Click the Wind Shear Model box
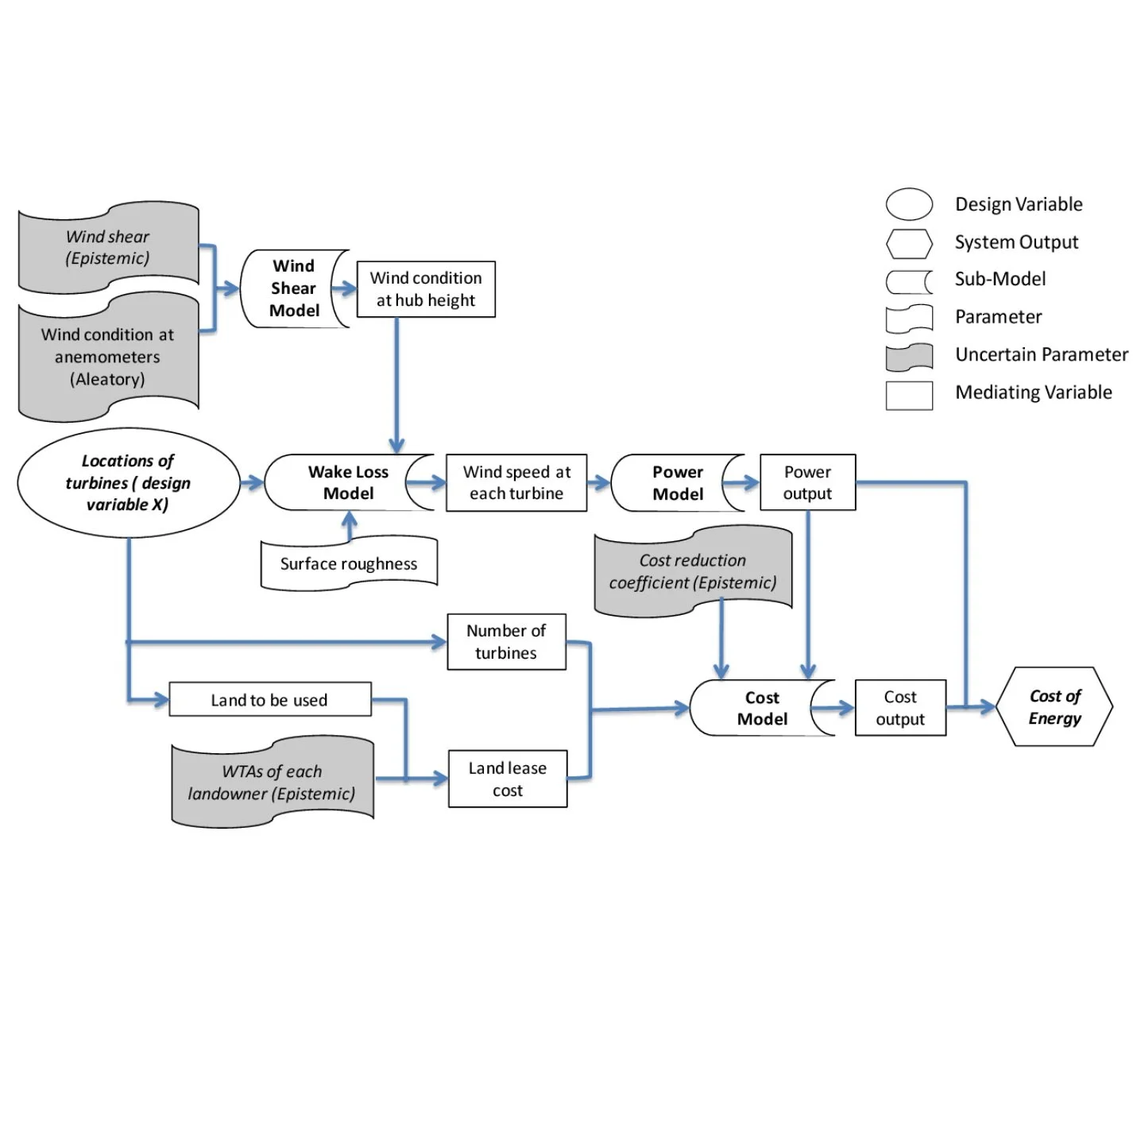click(x=292, y=288)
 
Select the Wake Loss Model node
click(x=347, y=482)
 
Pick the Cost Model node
click(x=760, y=708)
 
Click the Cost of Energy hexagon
click(x=1054, y=706)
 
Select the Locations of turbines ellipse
click(x=128, y=482)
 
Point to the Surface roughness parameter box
click(x=348, y=563)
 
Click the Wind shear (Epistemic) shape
click(x=108, y=247)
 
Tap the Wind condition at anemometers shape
click(x=108, y=357)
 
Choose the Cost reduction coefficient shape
click(x=692, y=571)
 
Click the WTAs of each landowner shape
click(x=272, y=782)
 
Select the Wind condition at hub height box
click(x=425, y=289)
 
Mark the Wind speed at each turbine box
click(x=516, y=482)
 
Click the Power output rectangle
click(x=806, y=482)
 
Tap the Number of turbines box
click(x=505, y=641)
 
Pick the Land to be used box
click(x=269, y=699)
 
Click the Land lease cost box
click(x=507, y=779)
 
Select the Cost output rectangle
click(x=899, y=707)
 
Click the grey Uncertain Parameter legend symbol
click(x=908, y=356)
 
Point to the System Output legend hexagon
click(x=908, y=243)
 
